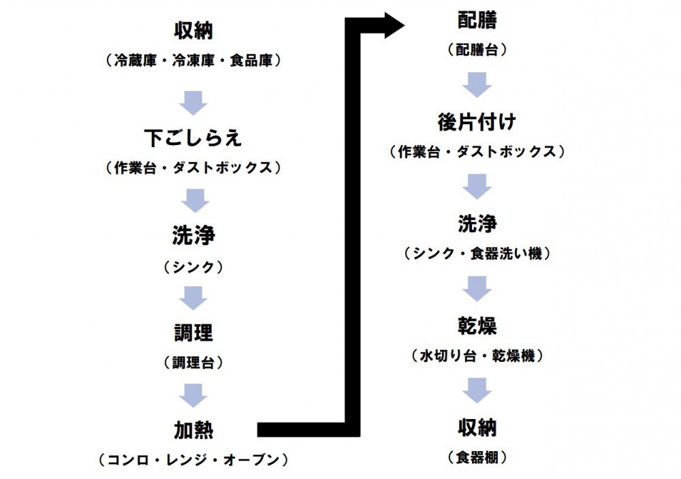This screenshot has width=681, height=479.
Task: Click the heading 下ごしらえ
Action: click(193, 138)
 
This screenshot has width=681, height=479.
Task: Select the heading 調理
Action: click(193, 333)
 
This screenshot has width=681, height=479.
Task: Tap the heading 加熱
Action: click(193, 431)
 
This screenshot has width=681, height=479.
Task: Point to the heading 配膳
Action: click(477, 20)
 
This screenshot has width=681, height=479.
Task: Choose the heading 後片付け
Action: click(477, 123)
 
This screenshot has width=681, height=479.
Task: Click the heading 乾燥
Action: click(477, 326)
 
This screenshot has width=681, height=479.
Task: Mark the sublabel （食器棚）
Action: click(477, 457)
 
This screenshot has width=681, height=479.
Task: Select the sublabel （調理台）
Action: click(193, 361)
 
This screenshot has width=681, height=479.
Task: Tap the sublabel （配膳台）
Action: click(477, 50)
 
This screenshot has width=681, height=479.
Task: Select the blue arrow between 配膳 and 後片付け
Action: click(477, 85)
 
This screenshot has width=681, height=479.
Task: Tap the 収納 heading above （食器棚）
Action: click(477, 428)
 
